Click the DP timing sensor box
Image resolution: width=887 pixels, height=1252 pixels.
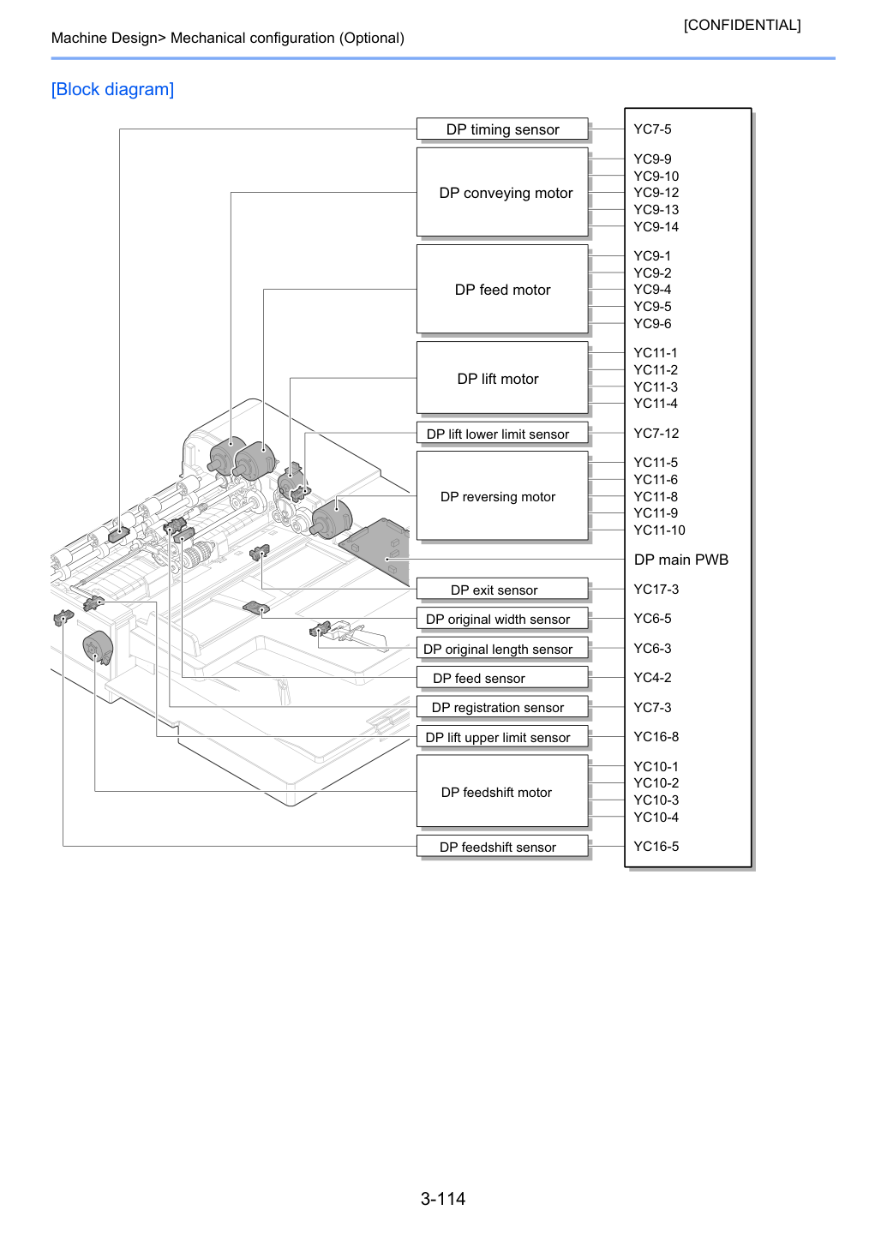(502, 129)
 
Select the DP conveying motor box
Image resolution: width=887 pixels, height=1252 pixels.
(502, 192)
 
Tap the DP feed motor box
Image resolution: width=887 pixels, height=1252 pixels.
(502, 289)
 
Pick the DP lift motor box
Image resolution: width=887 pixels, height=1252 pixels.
(502, 378)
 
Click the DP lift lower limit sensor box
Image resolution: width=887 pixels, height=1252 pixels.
(502, 433)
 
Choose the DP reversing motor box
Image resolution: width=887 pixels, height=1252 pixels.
(502, 496)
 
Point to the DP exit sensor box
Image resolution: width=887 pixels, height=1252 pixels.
(502, 589)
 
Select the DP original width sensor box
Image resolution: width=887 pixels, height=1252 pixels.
(502, 618)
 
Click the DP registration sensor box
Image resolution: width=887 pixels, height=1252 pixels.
(502, 706)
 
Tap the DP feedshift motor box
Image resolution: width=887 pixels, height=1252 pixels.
(502, 791)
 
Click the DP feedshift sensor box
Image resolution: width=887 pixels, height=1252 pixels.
(502, 846)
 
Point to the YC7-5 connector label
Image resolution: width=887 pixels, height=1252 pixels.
(652, 129)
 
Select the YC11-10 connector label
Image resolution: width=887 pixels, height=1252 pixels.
(659, 530)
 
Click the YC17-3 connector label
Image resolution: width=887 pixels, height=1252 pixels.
(656, 589)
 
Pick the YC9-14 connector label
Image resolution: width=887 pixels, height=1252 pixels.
(656, 227)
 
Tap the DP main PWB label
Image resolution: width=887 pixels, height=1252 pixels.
(680, 560)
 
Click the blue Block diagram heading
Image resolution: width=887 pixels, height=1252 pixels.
(112, 89)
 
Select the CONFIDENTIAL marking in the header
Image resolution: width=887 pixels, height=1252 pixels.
(741, 25)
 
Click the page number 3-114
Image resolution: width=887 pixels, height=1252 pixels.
(443, 1198)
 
